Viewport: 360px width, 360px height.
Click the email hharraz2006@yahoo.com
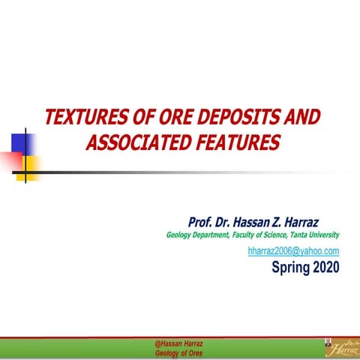[293, 250]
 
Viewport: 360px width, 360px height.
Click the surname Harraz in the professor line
[318, 222]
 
